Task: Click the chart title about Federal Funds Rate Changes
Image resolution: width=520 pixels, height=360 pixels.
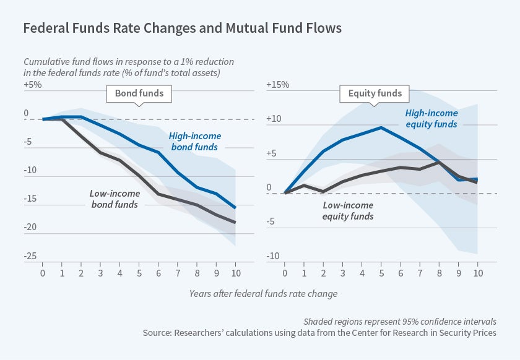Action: tap(182, 28)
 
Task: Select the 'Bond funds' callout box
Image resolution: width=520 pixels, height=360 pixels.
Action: tap(139, 94)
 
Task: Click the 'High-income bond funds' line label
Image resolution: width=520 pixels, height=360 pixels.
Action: tap(194, 142)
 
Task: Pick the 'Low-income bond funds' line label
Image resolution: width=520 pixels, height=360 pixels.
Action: tap(115, 199)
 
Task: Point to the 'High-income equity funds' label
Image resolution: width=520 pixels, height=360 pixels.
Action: tap(431, 119)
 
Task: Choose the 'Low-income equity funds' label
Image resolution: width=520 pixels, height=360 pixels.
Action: tap(348, 211)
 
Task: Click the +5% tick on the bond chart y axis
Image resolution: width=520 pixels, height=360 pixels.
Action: tap(33, 84)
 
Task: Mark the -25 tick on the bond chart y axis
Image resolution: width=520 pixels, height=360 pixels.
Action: tap(30, 255)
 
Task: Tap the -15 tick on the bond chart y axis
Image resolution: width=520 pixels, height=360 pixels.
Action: tap(30, 199)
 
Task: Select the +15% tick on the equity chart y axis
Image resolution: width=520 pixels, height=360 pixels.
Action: tap(277, 84)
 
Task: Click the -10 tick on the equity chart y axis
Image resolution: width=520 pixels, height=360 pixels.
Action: tap(273, 255)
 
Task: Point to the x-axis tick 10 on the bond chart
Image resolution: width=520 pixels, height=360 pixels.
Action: tap(235, 273)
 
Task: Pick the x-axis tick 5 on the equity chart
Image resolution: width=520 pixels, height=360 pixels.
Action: tap(381, 273)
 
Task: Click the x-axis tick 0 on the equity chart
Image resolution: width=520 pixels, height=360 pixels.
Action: tap(285, 273)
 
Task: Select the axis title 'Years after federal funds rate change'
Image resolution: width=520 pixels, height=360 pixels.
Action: tap(263, 293)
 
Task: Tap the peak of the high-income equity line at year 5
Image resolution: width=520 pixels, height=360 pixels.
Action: tap(381, 127)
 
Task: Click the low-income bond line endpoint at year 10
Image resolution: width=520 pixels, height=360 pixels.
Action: tap(235, 222)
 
